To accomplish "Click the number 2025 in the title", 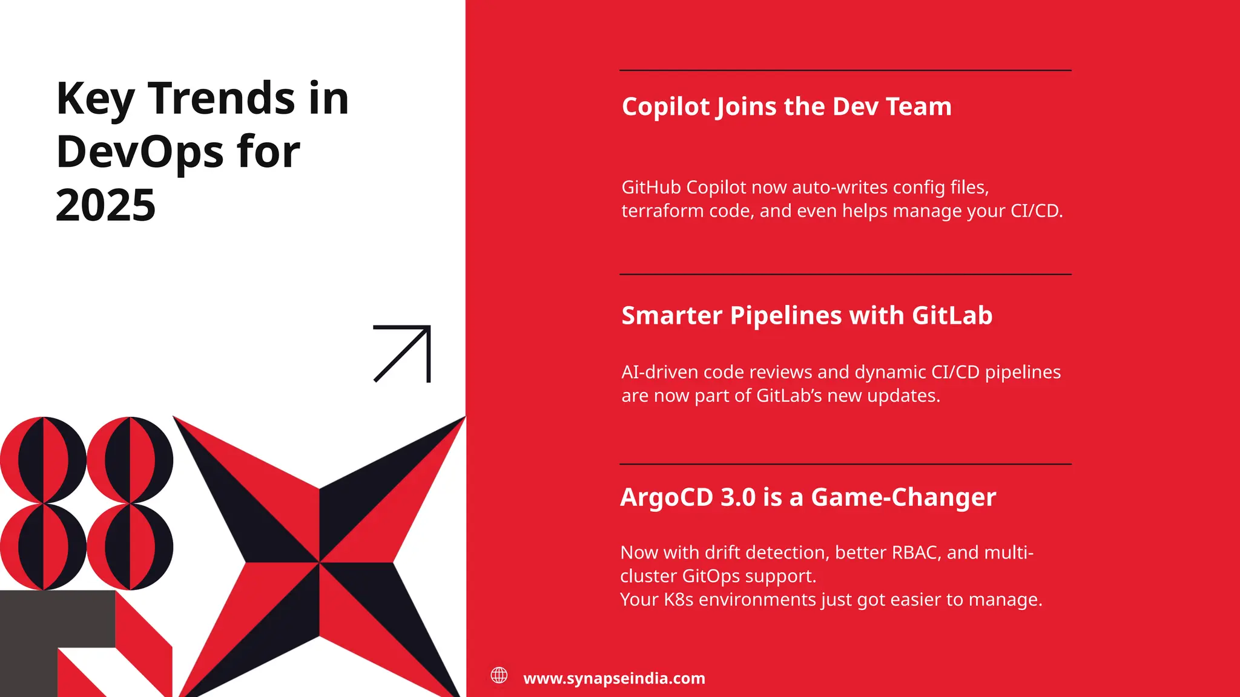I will (x=106, y=205).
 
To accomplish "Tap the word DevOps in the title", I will (x=139, y=152).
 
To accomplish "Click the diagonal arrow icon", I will (x=402, y=354).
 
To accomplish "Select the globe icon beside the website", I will (x=499, y=675).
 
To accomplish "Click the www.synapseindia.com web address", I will (x=614, y=678).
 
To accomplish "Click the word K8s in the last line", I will (x=678, y=600).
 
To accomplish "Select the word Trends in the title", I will (x=222, y=99).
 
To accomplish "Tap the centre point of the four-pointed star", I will (x=319, y=563).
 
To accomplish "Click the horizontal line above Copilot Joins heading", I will (x=845, y=71).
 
